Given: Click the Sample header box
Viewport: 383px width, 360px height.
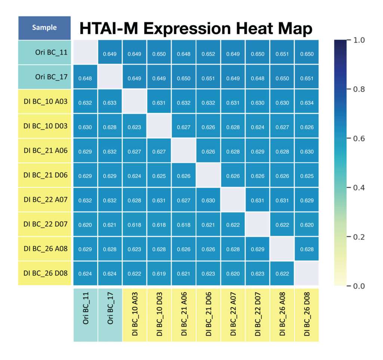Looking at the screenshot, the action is click(x=45, y=28).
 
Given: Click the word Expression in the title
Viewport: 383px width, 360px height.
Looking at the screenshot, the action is click(x=187, y=29).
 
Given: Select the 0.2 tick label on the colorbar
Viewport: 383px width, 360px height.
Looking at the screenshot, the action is click(x=359, y=237).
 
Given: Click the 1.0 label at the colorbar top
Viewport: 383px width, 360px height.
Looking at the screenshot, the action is click(x=359, y=40).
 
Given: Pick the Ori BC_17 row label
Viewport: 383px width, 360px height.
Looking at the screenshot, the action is click(x=51, y=77).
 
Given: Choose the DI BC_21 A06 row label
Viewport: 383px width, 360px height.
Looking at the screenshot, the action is click(x=45, y=150).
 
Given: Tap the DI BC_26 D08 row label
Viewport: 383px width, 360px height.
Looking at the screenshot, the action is click(x=45, y=273).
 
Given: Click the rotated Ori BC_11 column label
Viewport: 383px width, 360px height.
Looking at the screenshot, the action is click(x=86, y=308).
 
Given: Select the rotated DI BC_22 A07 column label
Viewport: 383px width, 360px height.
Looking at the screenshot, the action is click(x=233, y=314).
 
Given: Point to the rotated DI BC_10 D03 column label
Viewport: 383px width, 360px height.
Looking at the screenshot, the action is click(x=159, y=314).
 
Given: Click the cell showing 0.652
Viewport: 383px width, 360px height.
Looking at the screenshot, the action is click(x=208, y=52).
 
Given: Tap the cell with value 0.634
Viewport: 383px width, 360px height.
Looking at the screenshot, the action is click(x=307, y=101).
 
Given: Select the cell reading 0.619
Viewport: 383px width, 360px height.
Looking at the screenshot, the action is click(x=159, y=273).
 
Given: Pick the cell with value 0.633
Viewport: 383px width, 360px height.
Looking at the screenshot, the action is click(x=110, y=101).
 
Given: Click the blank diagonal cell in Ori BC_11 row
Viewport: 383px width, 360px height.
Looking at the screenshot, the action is click(x=85, y=52).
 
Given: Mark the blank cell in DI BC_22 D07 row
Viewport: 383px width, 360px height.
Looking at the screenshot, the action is click(x=257, y=224).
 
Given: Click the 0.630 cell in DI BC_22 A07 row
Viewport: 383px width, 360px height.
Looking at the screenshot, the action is click(x=208, y=199).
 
